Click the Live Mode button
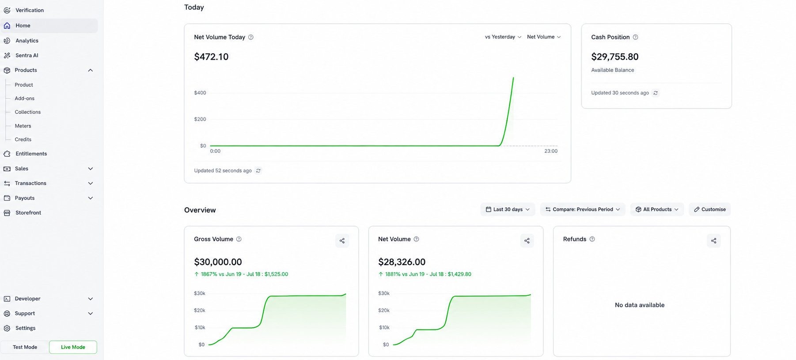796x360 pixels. point(73,347)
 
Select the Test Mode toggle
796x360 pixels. point(25,347)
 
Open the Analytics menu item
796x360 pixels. point(27,41)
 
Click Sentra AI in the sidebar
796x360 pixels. point(27,55)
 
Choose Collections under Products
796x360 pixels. point(28,112)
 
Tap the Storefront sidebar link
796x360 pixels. point(28,213)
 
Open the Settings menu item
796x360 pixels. point(26,328)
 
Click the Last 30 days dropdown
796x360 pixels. point(508,209)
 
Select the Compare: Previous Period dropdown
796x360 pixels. point(583,209)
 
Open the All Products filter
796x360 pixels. point(657,209)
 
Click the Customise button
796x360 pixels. point(709,209)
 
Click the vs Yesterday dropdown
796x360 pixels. point(503,37)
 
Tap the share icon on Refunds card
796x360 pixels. point(714,241)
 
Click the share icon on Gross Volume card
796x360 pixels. point(342,241)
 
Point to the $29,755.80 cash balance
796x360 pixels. point(615,57)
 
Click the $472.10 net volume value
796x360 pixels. point(211,57)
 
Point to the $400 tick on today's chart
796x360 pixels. point(200,93)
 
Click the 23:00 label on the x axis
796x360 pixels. point(551,151)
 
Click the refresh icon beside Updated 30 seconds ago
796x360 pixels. point(656,93)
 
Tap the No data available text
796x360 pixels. point(640,305)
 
